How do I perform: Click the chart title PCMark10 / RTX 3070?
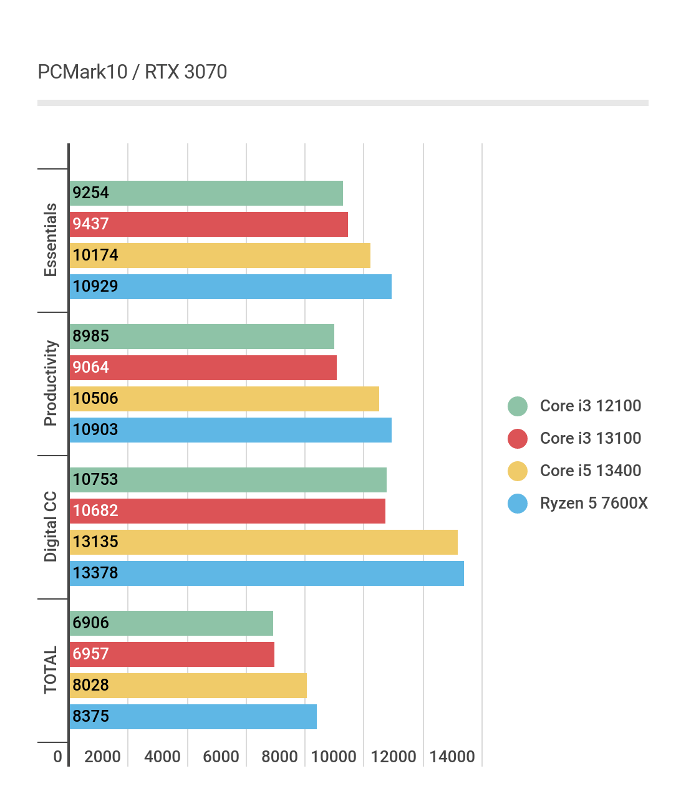point(132,72)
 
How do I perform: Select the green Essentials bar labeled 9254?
point(206,193)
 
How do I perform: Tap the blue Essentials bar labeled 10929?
point(230,287)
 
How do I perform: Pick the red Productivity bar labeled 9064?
point(203,368)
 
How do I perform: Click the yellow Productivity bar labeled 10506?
point(224,399)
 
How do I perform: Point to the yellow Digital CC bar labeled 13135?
point(263,542)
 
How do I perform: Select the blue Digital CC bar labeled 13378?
point(266,573)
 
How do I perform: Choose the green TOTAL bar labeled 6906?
point(171,623)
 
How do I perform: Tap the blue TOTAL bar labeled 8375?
point(193,717)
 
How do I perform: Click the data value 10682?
point(95,511)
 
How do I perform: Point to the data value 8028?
point(90,686)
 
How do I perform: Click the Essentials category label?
point(51,240)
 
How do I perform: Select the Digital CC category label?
point(51,527)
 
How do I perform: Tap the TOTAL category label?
point(51,670)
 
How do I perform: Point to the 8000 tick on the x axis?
point(279,757)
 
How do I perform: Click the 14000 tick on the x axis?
point(452,757)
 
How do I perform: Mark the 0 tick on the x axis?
point(58,757)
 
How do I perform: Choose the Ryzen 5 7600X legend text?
point(594,503)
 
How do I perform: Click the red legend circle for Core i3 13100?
point(518,439)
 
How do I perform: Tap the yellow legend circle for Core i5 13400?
point(518,471)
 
